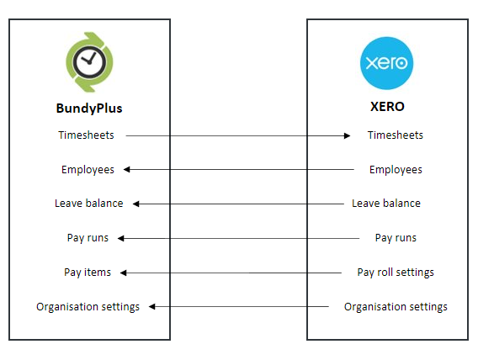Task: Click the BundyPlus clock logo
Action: click(89, 64)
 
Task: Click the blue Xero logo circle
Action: click(387, 63)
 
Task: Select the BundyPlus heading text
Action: click(89, 109)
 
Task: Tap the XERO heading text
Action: click(387, 108)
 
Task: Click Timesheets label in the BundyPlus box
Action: click(86, 135)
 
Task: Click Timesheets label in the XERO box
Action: click(396, 135)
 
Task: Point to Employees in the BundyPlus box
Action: click(88, 170)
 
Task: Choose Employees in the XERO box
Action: click(396, 170)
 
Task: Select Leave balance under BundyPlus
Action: click(88, 204)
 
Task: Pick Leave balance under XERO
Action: click(385, 204)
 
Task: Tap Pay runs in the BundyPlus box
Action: click(88, 238)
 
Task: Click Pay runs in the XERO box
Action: click(396, 238)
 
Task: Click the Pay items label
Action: click(88, 273)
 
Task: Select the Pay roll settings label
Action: click(396, 273)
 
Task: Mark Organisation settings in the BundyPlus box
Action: click(88, 307)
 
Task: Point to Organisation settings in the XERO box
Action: click(396, 307)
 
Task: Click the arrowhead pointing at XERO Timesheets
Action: click(346, 135)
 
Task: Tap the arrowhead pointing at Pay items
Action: click(122, 273)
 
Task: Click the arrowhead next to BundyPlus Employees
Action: click(127, 170)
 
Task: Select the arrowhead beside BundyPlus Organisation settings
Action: click(152, 307)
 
